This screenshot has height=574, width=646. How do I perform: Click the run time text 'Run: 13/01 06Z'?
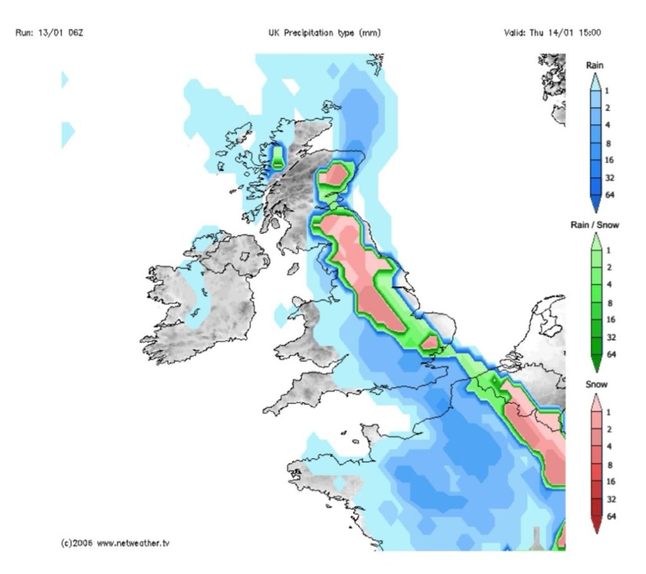[x=49, y=32]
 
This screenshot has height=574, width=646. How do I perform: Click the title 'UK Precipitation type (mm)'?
[x=324, y=32]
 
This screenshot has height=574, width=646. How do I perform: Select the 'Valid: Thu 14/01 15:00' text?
[x=552, y=32]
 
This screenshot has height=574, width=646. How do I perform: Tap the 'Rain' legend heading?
[x=595, y=65]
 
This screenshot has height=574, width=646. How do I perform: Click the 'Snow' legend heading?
[x=595, y=384]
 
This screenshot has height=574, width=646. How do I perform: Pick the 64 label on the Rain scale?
[x=609, y=196]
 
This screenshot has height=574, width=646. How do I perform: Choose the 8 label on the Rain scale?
[x=608, y=143]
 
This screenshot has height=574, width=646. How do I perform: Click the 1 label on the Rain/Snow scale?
[x=608, y=250]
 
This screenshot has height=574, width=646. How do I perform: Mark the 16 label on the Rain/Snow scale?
[x=609, y=320]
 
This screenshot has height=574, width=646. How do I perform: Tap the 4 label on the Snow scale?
[x=608, y=447]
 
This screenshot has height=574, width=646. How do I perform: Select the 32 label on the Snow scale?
[x=609, y=498]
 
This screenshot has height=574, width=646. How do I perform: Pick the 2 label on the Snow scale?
[x=608, y=429]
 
